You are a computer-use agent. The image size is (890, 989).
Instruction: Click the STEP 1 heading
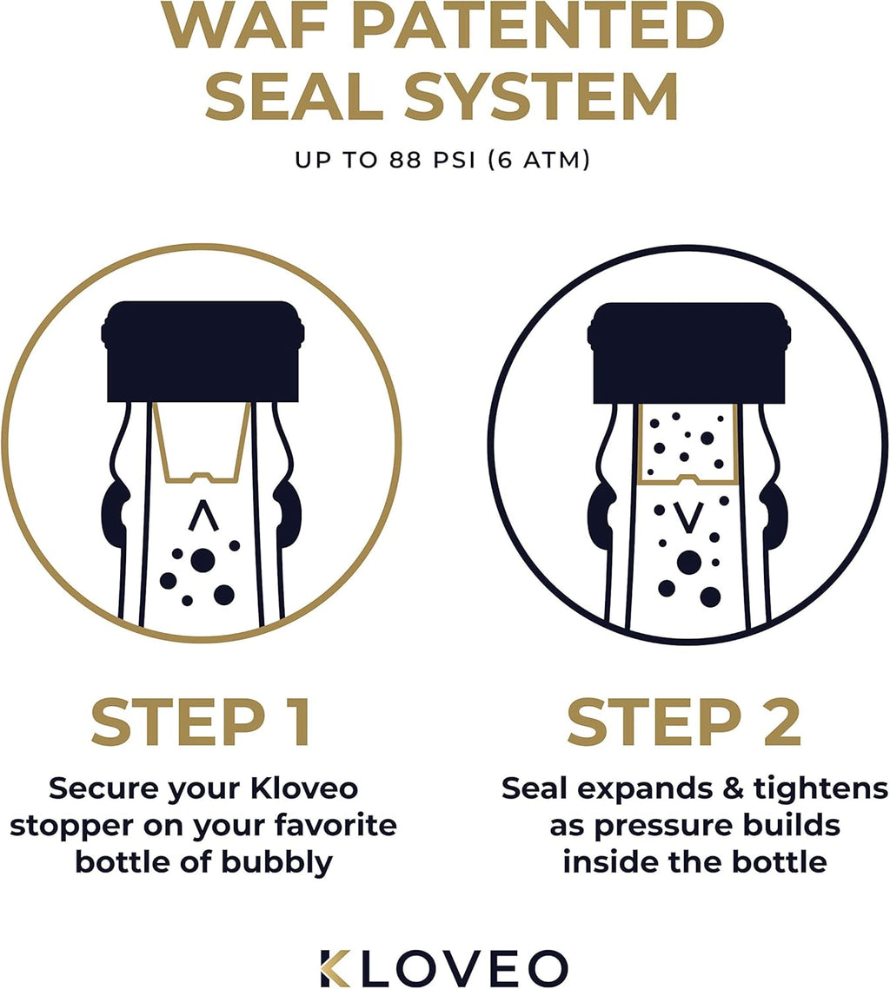coord(201,722)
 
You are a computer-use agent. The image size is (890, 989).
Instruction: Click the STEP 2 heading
coord(684,722)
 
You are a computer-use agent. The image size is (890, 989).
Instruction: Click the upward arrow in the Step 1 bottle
coord(202,518)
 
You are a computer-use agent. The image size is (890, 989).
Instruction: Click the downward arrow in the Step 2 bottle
coord(689,517)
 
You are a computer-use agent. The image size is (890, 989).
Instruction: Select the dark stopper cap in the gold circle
coord(203,352)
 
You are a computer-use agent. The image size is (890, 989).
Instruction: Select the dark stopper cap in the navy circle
coord(689,352)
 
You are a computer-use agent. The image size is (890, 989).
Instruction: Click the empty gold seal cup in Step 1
coord(202,441)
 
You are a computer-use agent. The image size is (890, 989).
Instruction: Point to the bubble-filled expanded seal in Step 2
coord(689,443)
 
